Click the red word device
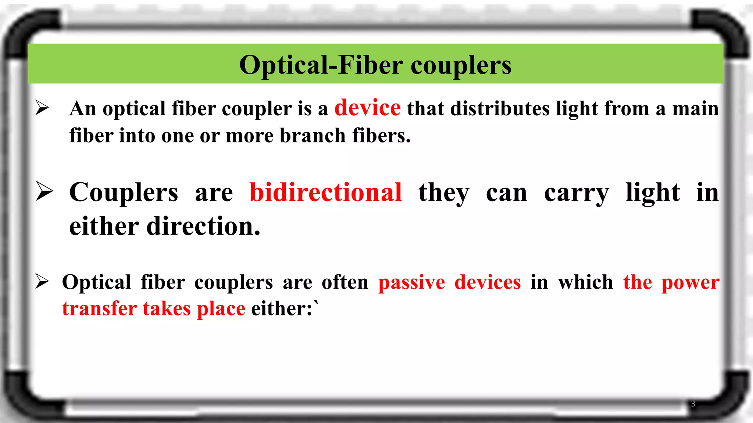click(x=367, y=108)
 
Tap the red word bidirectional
click(x=325, y=192)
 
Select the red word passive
click(x=411, y=282)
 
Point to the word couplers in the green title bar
click(x=461, y=65)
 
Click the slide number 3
click(x=693, y=404)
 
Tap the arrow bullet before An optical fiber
click(x=42, y=108)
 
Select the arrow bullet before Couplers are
click(x=44, y=192)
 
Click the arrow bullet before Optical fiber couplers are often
click(x=42, y=282)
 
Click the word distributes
click(x=500, y=109)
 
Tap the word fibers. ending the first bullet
click(x=381, y=135)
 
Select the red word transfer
click(x=99, y=308)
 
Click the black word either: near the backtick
click(x=282, y=308)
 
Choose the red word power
click(x=690, y=283)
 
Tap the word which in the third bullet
click(x=585, y=282)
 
